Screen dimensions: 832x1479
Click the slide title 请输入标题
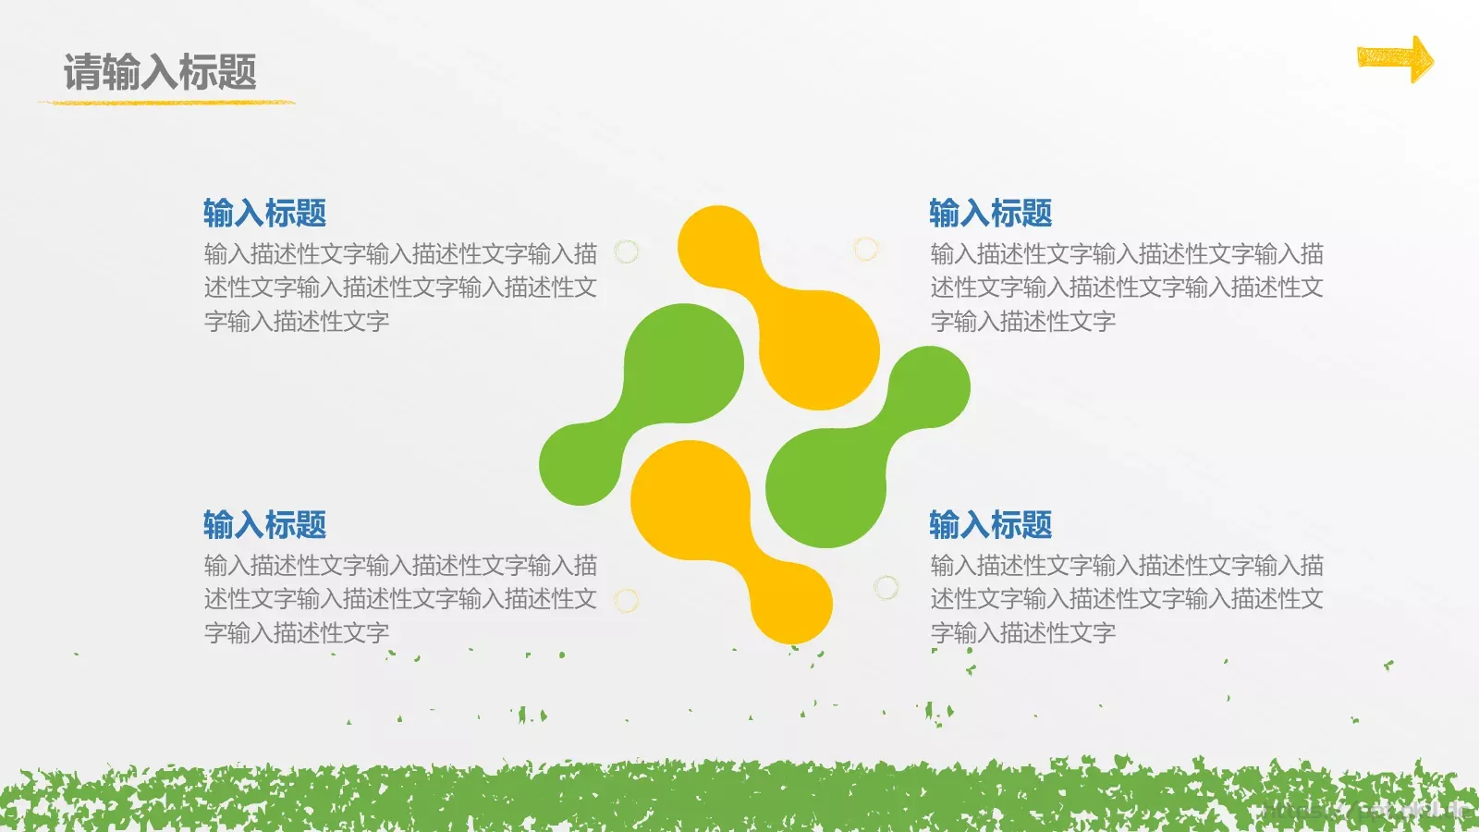click(x=160, y=72)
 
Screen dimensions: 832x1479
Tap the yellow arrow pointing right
click(x=1394, y=59)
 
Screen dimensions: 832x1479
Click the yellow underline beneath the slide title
click(x=166, y=102)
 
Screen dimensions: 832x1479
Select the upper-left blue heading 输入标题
click(x=264, y=214)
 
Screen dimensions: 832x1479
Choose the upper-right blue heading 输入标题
click(x=990, y=214)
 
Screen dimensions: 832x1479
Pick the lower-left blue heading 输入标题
click(x=264, y=525)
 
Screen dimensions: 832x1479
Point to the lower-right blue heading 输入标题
click(x=990, y=525)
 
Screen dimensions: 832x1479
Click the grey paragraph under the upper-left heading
click(x=399, y=288)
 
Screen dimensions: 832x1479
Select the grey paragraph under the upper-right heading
click(x=1126, y=288)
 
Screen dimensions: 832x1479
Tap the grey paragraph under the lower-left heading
click(x=399, y=599)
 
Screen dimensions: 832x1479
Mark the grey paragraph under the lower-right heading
click(x=1126, y=599)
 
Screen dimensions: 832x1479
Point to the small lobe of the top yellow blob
click(x=718, y=246)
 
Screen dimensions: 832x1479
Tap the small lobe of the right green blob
click(x=929, y=387)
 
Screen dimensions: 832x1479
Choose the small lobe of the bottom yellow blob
click(x=791, y=603)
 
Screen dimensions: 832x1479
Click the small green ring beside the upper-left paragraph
click(x=627, y=251)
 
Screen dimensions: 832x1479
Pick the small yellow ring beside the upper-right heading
click(x=865, y=248)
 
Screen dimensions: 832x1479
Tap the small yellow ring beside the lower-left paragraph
click(x=627, y=601)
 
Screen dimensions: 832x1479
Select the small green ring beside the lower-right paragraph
click(x=886, y=587)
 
